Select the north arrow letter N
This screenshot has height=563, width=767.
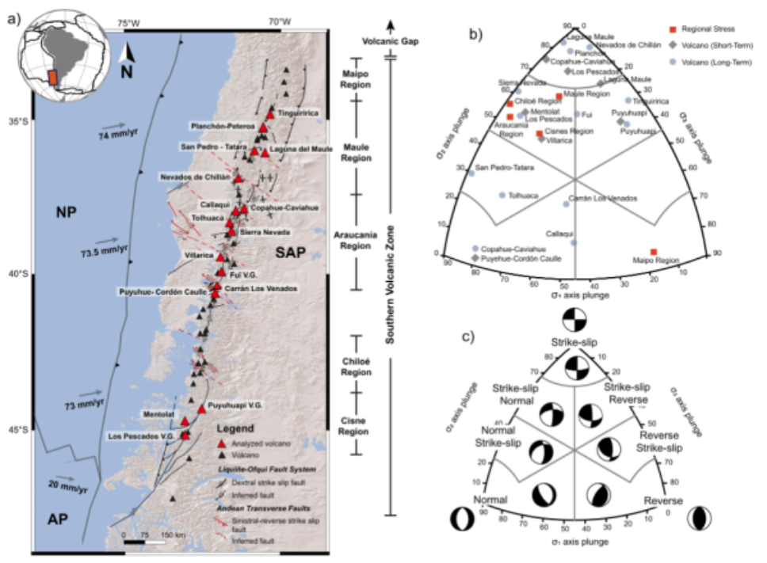coord(126,72)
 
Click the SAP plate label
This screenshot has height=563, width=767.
coord(289,253)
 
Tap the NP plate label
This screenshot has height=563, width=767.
coord(63,211)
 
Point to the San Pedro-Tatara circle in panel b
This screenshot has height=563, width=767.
coord(471,173)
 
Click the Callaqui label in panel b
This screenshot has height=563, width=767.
coord(560,233)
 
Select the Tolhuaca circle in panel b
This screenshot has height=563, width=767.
coord(502,195)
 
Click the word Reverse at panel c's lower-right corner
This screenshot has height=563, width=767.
coord(663,502)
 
